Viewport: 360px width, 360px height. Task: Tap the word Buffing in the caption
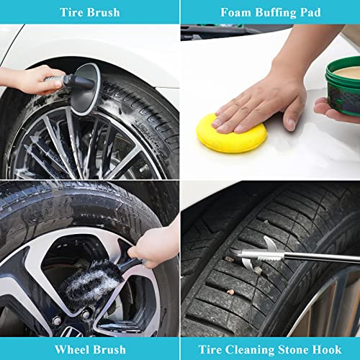[x=276, y=13]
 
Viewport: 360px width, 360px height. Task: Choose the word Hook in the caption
[x=328, y=349]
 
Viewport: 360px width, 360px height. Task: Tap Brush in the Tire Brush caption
[x=104, y=12]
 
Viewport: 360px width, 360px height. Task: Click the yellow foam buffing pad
[x=231, y=134]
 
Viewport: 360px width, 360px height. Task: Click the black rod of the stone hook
[x=322, y=258]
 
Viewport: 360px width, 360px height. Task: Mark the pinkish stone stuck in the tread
[x=230, y=292]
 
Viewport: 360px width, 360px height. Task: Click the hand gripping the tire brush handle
[x=30, y=80]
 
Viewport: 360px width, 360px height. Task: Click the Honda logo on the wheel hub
[x=71, y=332]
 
